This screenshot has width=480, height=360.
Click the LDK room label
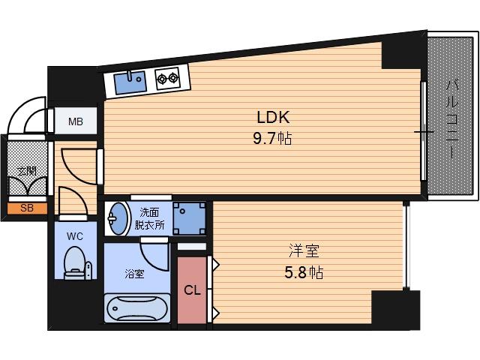[x=273, y=117]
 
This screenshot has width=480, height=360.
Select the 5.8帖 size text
[x=303, y=273]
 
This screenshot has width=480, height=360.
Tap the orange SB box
[x=27, y=208]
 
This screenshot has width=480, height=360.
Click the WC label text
[x=75, y=236]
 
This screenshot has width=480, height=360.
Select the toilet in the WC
[x=76, y=263]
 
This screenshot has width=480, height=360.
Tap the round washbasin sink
[x=118, y=218]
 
